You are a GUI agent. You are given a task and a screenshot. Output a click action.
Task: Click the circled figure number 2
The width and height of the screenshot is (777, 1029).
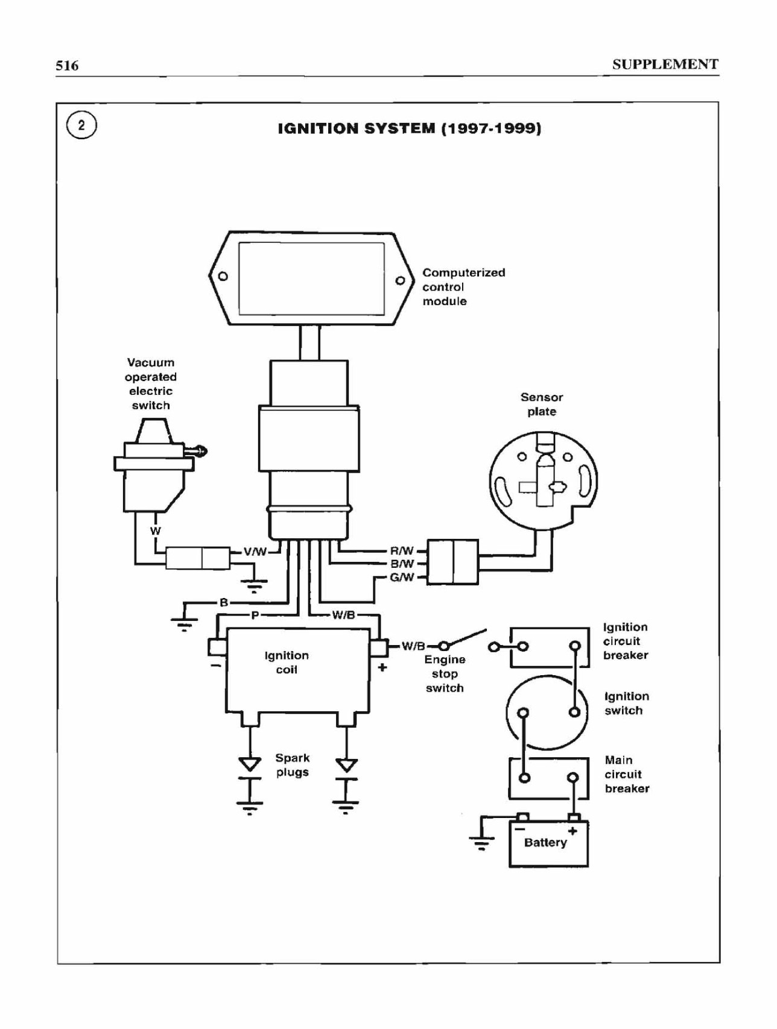point(81,126)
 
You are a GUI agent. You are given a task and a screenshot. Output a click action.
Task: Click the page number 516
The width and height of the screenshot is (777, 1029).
point(67,66)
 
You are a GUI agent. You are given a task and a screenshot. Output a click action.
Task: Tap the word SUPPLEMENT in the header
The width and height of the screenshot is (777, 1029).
point(665,65)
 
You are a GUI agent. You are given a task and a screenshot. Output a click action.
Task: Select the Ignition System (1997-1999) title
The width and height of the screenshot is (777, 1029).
point(410,128)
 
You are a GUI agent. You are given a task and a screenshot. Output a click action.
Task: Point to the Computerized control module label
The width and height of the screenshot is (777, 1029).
point(463,287)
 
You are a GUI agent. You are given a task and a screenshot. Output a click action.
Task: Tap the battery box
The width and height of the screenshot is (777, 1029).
point(548,843)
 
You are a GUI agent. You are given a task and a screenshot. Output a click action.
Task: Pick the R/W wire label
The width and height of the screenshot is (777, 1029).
point(402,550)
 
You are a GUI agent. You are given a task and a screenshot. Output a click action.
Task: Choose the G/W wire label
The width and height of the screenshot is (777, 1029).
point(402,577)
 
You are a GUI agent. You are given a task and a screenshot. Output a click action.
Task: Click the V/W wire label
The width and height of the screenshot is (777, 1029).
point(255,551)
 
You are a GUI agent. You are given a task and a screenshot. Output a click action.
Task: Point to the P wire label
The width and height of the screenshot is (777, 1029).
point(255,615)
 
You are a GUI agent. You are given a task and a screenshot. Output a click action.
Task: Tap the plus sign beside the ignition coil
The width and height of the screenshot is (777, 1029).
point(382,667)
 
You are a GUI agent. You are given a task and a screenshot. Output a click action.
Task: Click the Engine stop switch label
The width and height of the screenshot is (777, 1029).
point(445,674)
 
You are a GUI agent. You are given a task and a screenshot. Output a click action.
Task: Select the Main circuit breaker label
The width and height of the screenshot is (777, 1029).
point(627,774)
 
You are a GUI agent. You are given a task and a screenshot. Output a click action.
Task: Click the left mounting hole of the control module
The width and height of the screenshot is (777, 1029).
point(223,277)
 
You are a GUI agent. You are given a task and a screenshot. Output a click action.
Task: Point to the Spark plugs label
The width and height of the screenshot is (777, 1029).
point(293,765)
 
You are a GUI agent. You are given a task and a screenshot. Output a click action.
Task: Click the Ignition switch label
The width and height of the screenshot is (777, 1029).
point(627,703)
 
